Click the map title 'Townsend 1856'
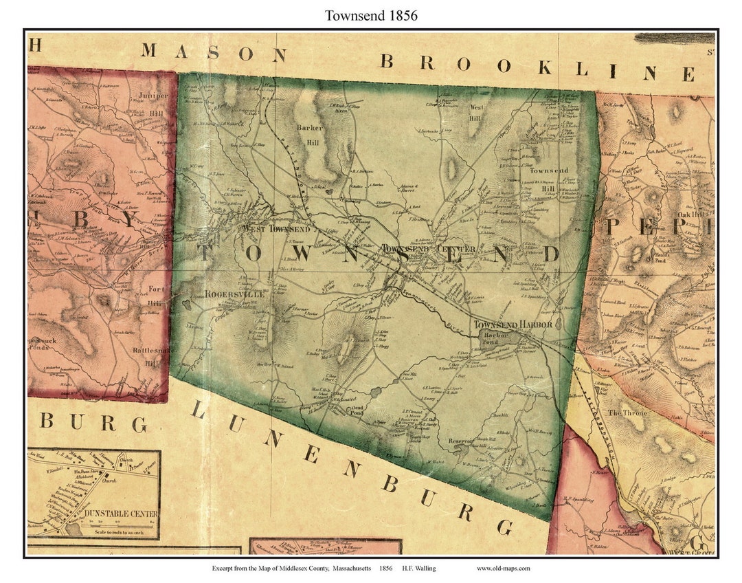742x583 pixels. (371, 15)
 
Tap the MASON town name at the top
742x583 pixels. (214, 53)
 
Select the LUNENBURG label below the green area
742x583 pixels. (350, 468)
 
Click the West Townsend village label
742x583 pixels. (275, 228)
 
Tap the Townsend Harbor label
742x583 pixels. (512, 324)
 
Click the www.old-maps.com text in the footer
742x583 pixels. (504, 569)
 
